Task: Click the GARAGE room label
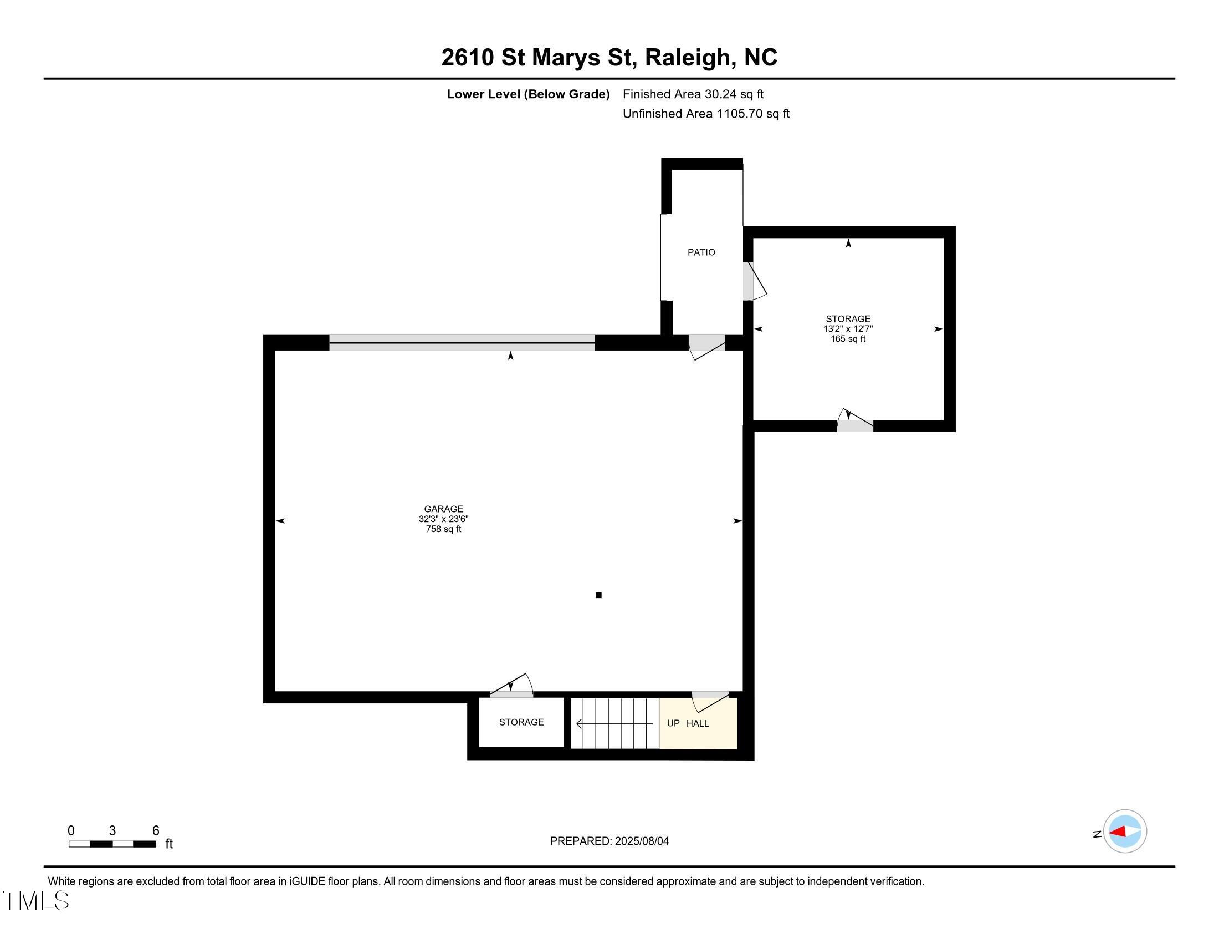(x=443, y=509)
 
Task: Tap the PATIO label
(x=701, y=252)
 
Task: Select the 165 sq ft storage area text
(x=847, y=339)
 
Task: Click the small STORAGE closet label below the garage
(x=521, y=722)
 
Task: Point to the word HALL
(x=697, y=723)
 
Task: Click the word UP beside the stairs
(x=673, y=723)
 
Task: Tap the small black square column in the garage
(x=598, y=595)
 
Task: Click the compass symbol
(x=1124, y=832)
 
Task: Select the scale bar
(x=112, y=844)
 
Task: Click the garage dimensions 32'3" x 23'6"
(x=443, y=519)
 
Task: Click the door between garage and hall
(x=710, y=701)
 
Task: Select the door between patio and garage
(x=706, y=346)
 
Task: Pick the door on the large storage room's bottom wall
(x=854, y=422)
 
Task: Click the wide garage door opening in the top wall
(x=462, y=342)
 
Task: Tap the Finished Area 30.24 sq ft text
(x=693, y=94)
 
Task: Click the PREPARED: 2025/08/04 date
(x=609, y=841)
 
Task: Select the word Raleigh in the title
(x=688, y=58)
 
